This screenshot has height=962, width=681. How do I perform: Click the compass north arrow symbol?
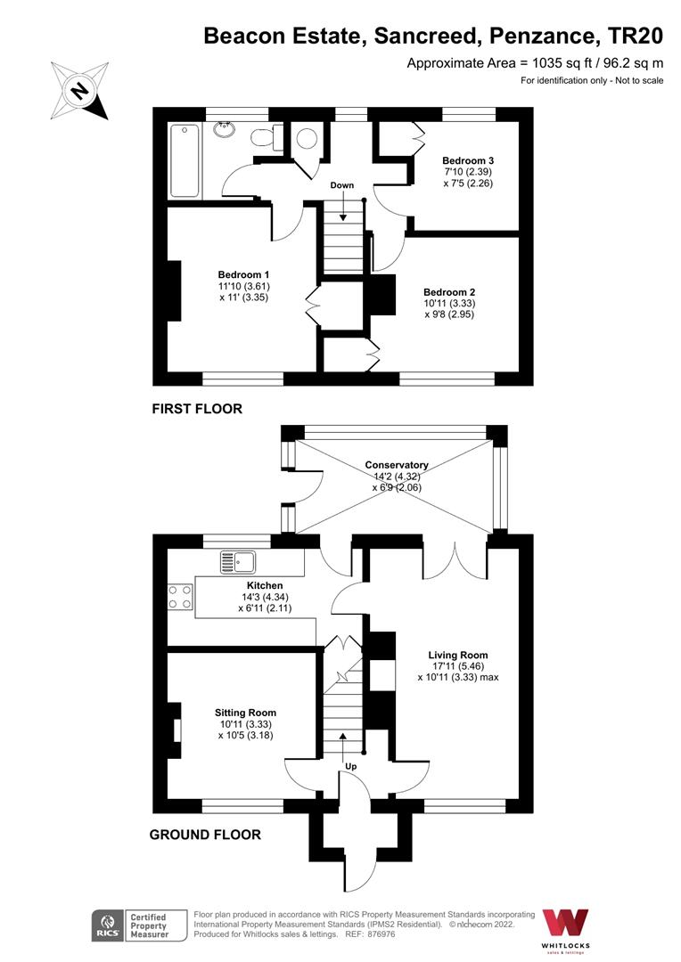pyautogui.click(x=80, y=90)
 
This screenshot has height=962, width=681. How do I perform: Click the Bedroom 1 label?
pyautogui.click(x=244, y=274)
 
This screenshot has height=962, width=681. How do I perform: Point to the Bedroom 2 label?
pyautogui.click(x=448, y=292)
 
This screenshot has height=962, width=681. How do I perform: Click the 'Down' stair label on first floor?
pyautogui.click(x=342, y=185)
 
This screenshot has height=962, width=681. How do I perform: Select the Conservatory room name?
pyautogui.click(x=397, y=465)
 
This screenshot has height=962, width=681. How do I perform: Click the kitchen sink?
pyautogui.click(x=238, y=562)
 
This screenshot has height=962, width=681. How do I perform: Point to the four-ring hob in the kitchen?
pyautogui.click(x=181, y=596)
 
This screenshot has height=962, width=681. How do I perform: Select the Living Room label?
pyautogui.click(x=457, y=655)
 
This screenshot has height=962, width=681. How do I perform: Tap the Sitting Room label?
pyautogui.click(x=245, y=713)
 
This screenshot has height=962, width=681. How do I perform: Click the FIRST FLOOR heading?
pyautogui.click(x=197, y=409)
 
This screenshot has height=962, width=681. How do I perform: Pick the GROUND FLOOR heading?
pyautogui.click(x=205, y=835)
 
